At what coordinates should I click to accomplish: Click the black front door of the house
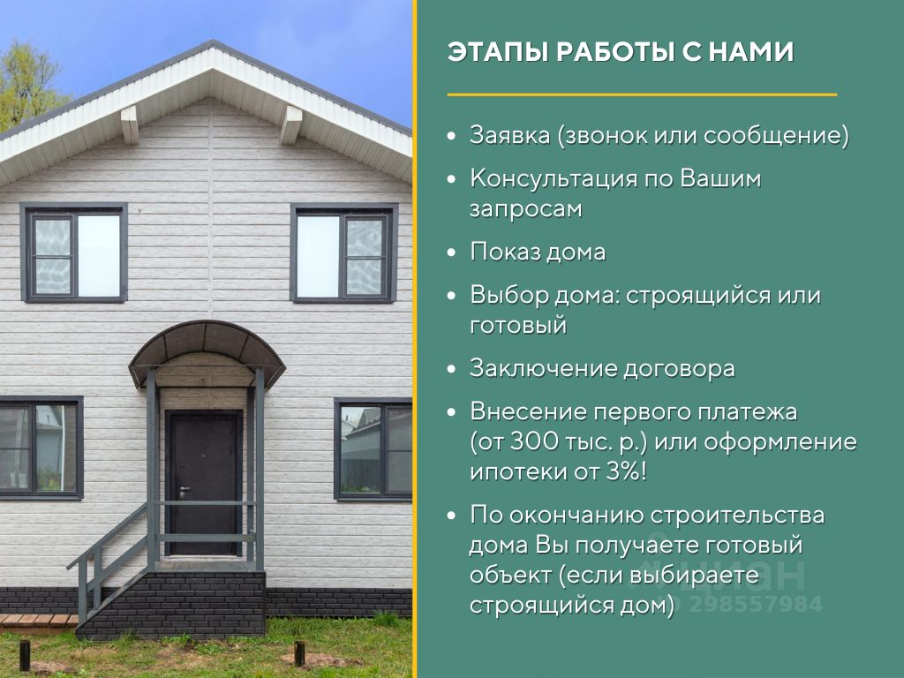(x=204, y=483)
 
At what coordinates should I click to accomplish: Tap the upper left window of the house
(x=74, y=252)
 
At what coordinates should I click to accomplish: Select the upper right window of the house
(x=344, y=252)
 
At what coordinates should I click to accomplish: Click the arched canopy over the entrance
(x=207, y=349)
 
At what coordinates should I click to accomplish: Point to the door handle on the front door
(x=184, y=491)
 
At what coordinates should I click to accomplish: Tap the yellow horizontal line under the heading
(x=642, y=94)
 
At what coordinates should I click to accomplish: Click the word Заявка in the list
(x=509, y=135)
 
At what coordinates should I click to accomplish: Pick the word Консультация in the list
(x=553, y=178)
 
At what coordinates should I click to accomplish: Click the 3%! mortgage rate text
(x=627, y=472)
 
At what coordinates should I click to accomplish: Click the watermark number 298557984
(x=756, y=604)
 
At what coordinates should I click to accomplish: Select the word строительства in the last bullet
(x=737, y=516)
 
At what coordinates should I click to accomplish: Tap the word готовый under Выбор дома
(x=518, y=326)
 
